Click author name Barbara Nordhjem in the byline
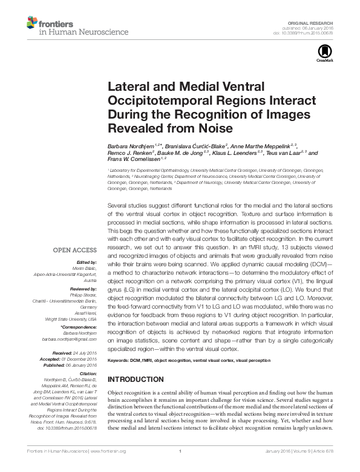click(130, 146)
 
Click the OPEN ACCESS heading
click(74, 249)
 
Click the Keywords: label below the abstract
click(119, 361)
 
